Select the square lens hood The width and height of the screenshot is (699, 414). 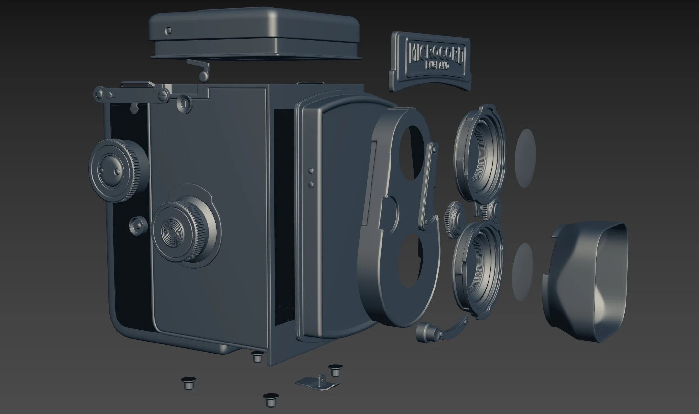pos(585,281)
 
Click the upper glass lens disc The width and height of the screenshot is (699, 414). pos(525,158)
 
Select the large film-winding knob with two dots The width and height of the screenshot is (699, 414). pos(118,170)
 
